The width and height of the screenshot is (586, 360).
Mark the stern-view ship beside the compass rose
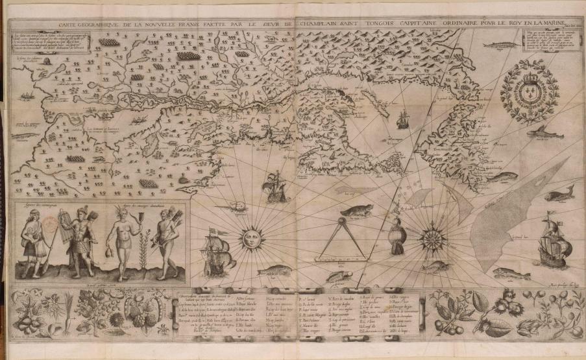tap(397, 237)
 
